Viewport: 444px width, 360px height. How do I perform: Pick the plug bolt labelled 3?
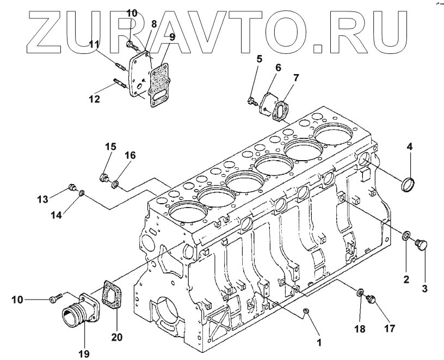422,245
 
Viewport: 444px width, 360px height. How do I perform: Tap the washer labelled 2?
406,236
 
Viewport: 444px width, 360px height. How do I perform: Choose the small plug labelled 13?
71,188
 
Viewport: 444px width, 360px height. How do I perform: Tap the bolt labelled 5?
252,100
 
